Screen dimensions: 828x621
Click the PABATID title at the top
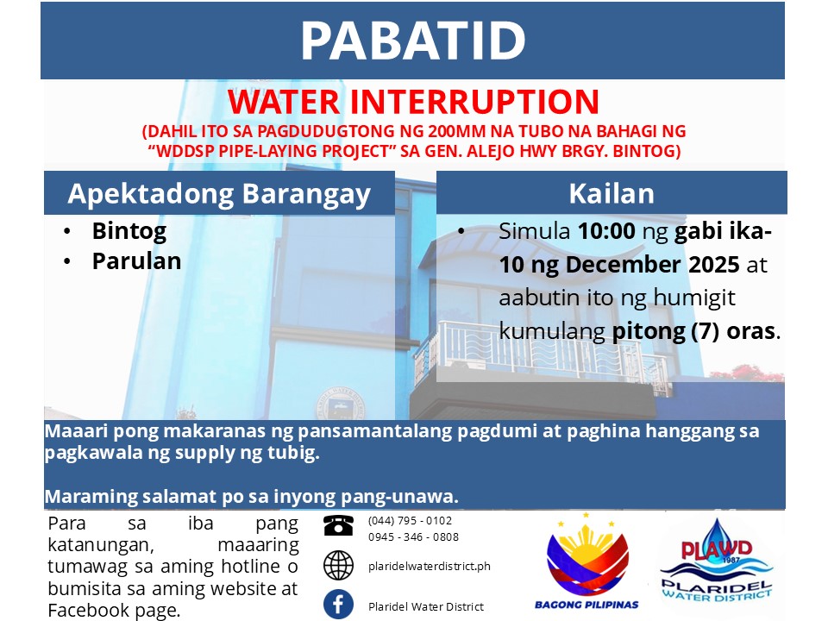[413, 41]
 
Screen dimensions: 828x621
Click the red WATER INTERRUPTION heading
[413, 102]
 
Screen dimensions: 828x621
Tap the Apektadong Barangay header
[219, 194]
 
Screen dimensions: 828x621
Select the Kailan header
[612, 194]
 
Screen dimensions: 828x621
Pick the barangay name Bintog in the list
[129, 231]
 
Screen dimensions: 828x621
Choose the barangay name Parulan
[137, 260]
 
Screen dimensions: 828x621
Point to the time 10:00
[606, 231]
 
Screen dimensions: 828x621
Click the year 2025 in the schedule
[713, 265]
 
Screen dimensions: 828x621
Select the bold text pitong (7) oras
[693, 331]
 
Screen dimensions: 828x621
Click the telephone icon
[338, 525]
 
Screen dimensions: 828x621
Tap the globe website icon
[338, 565]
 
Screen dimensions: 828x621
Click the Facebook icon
[338, 604]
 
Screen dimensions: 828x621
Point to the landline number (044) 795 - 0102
[411, 521]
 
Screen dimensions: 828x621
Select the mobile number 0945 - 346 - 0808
[413, 537]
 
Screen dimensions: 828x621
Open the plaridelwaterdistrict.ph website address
[430, 567]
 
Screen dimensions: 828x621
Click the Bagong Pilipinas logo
[586, 561]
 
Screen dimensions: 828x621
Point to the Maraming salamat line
[251, 497]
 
